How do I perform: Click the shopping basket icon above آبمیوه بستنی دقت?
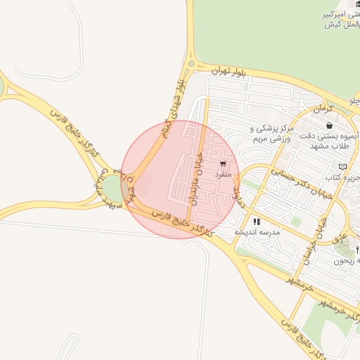(329, 125)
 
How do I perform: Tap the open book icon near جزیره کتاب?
(342, 166)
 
